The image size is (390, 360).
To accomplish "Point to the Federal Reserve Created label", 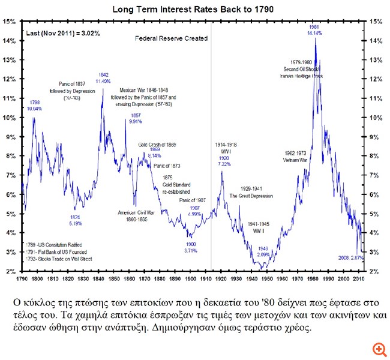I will [171, 38].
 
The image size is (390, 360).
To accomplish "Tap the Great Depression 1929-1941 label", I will [251, 192].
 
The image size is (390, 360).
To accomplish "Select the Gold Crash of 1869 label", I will [157, 145].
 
